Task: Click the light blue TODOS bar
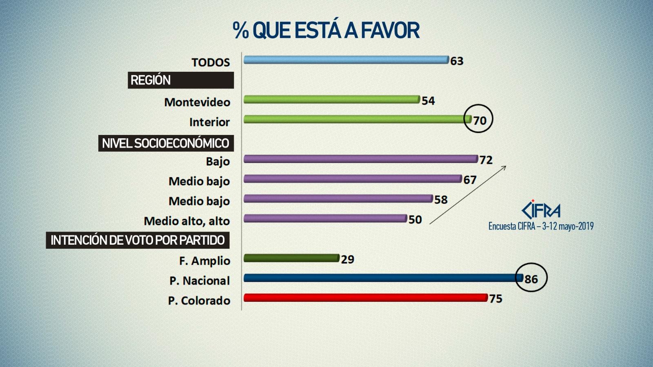click(x=346, y=60)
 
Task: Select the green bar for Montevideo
click(x=331, y=99)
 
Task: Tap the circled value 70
click(x=479, y=120)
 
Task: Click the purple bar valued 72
click(x=360, y=159)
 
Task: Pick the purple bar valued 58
click(x=338, y=199)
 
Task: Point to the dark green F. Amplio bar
click(x=291, y=258)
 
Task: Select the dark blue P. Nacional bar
click(x=383, y=278)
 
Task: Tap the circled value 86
click(x=531, y=279)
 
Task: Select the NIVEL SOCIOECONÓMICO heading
click(x=166, y=143)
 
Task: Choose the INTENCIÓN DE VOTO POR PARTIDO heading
click(x=138, y=240)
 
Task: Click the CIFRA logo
click(x=541, y=210)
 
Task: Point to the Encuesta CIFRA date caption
click(x=541, y=226)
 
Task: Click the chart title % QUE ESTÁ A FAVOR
click(x=326, y=31)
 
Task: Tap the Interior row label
click(x=209, y=122)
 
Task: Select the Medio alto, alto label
click(x=187, y=221)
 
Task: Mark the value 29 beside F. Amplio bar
click(x=348, y=259)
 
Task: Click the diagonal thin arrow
click(x=468, y=195)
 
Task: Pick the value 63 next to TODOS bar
click(x=457, y=61)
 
